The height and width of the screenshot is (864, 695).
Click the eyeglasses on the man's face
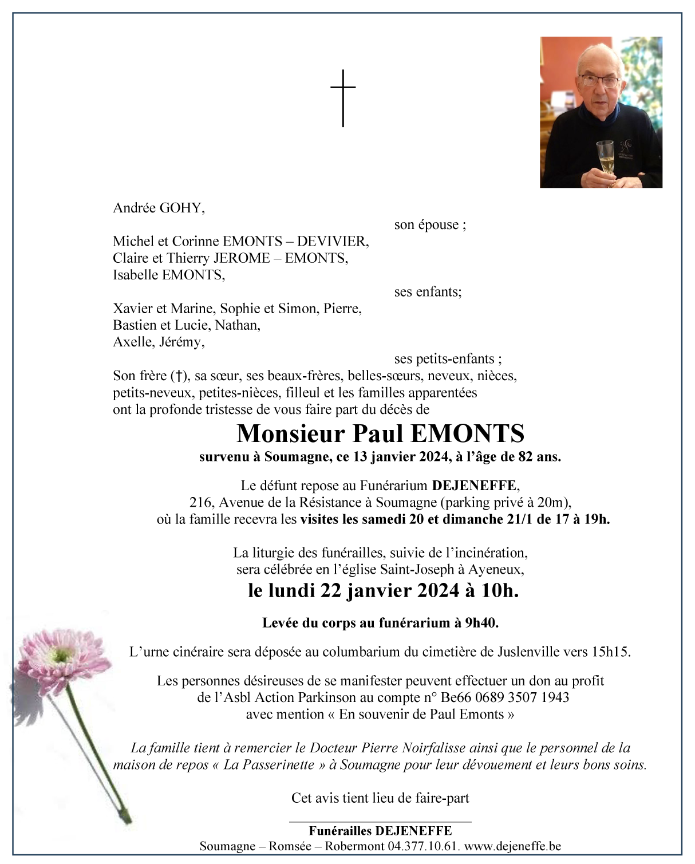click(599, 80)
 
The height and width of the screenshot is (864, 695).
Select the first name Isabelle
click(136, 275)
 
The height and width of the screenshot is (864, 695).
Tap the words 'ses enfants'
click(427, 291)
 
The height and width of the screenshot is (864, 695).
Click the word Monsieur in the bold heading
click(291, 433)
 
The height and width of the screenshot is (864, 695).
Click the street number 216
click(202, 503)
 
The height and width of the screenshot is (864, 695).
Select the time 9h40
click(481, 623)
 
